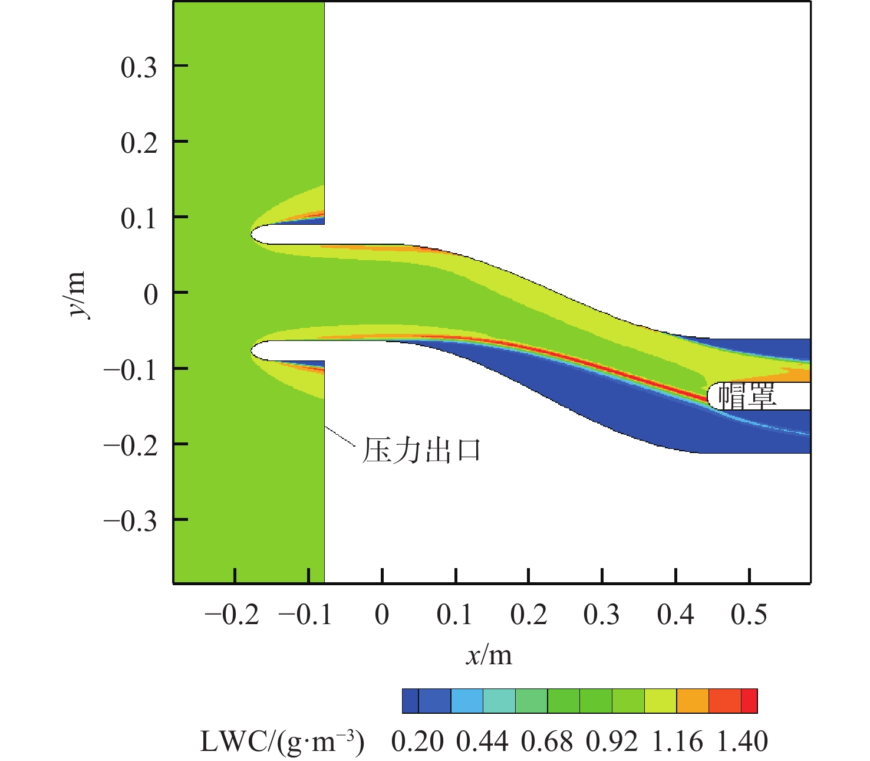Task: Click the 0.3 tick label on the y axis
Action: point(139,67)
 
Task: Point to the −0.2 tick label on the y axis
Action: point(130,445)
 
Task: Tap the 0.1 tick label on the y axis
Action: point(139,219)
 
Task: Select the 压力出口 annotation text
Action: point(421,450)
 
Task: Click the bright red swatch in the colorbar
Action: point(749,701)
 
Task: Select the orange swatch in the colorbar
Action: point(693,701)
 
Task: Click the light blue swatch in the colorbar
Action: point(467,701)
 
